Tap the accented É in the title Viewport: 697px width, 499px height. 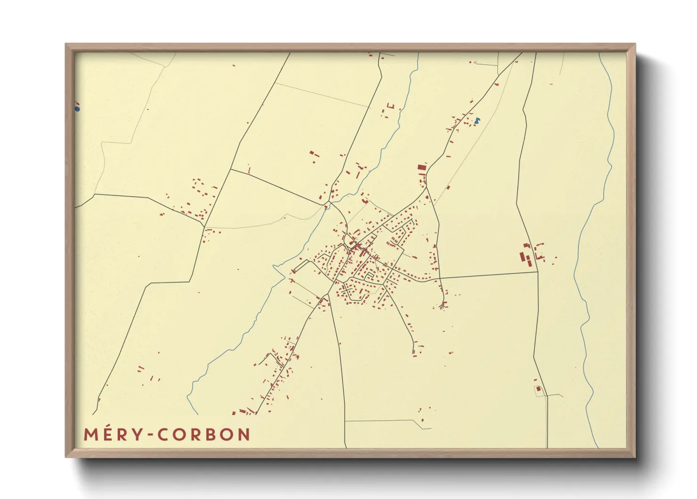tap(108, 434)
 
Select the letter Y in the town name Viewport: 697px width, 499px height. tap(138, 435)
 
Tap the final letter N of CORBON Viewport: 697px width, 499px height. tap(243, 435)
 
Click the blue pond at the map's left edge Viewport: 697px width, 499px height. tap(77, 109)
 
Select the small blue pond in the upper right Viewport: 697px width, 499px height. tap(478, 120)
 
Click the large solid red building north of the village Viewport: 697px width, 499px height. tap(421, 167)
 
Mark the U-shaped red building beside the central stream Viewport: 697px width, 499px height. tap(389, 106)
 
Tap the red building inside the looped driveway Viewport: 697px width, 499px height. tap(538, 389)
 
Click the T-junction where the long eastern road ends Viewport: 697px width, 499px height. tap(537, 272)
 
